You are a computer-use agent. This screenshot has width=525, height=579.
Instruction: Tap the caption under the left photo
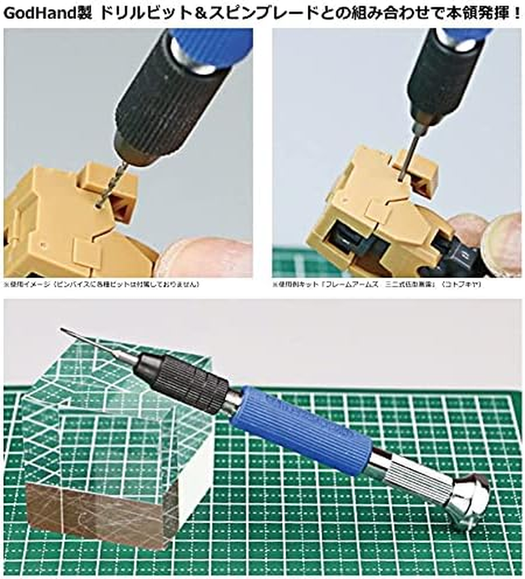click(102, 285)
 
